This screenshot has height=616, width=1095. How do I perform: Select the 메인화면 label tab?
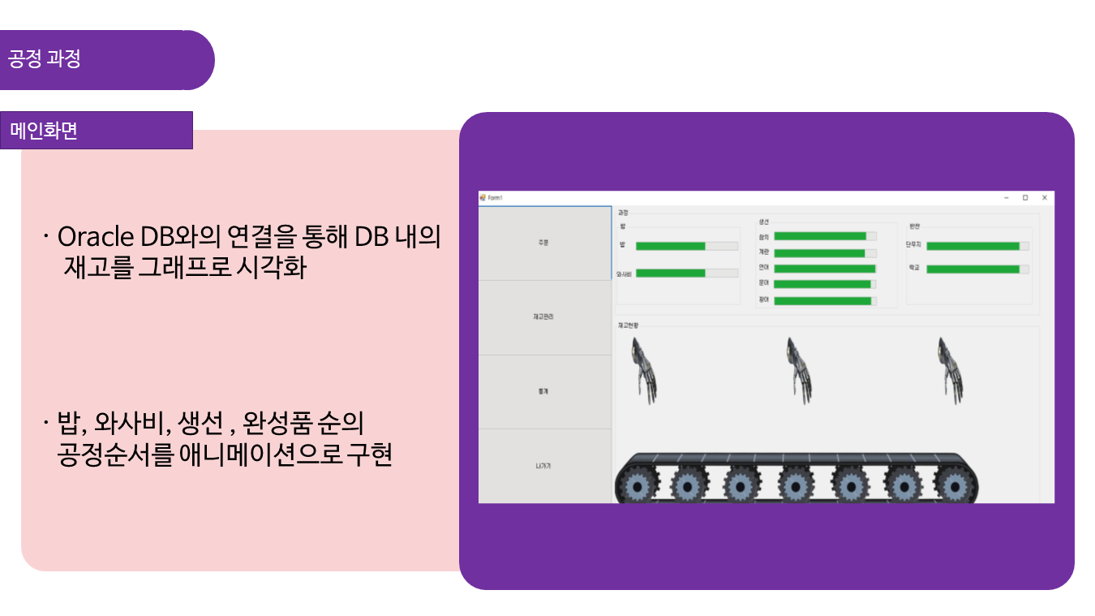pyautogui.click(x=96, y=131)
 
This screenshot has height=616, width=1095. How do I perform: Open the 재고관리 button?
pyautogui.click(x=544, y=317)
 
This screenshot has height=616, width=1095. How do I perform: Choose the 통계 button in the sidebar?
pyautogui.click(x=544, y=392)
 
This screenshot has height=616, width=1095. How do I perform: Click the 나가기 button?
pyautogui.click(x=544, y=466)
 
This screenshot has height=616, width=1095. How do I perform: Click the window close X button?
pyautogui.click(x=1044, y=197)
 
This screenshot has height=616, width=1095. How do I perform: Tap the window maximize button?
pyautogui.click(x=1025, y=197)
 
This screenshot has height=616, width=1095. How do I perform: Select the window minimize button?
pyautogui.click(x=1006, y=197)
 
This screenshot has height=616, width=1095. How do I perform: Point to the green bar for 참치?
pyautogui.click(x=820, y=236)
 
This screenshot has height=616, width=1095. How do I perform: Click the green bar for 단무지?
pyautogui.click(x=973, y=246)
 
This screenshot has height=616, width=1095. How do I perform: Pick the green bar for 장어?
pyautogui.click(x=822, y=301)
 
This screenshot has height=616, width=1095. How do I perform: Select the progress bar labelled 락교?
pyautogui.click(x=973, y=269)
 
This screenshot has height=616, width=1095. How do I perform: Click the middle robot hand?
pyautogui.click(x=798, y=370)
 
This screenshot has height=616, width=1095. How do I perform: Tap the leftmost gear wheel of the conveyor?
pyautogui.click(x=641, y=486)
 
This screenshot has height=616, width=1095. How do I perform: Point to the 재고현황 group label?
pyautogui.click(x=629, y=325)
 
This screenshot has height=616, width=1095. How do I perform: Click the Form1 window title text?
pyautogui.click(x=496, y=197)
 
